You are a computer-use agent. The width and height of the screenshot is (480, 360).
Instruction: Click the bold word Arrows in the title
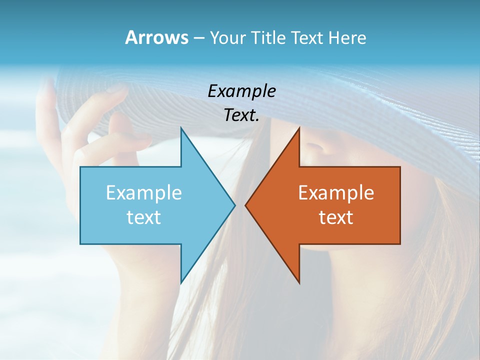coord(156,37)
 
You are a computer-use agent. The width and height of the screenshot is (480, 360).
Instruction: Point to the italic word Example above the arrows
coord(241,91)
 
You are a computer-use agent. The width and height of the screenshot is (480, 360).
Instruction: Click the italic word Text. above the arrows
coord(241,115)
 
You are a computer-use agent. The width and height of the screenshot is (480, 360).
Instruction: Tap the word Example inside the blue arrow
coord(144,193)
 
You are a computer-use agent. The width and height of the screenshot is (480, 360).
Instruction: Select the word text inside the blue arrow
coord(144,217)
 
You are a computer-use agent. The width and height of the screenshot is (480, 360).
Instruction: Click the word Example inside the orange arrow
coord(336,193)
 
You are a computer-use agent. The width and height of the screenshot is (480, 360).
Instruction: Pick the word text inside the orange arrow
coord(336,217)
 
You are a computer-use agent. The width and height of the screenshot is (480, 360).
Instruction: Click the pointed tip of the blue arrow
coord(234,205)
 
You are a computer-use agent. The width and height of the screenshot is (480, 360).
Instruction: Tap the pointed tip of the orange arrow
coord(245,205)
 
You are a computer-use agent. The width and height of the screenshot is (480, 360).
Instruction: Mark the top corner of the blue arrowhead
coord(181,128)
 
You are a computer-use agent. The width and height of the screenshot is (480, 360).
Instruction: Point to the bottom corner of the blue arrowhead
coord(181,283)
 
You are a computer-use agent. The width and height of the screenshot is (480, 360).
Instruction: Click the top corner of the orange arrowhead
coord(299,128)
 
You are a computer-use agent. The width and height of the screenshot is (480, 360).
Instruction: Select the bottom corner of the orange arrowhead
coord(299,283)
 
